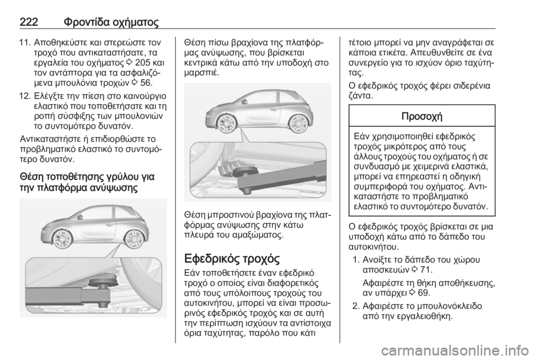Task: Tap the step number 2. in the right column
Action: click(x=361, y=306)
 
